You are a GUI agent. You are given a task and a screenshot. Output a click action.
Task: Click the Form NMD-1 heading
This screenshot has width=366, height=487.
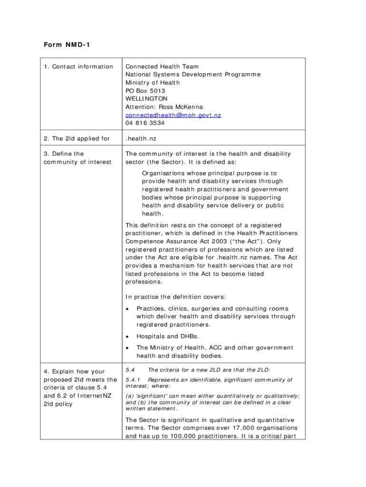click(x=67, y=45)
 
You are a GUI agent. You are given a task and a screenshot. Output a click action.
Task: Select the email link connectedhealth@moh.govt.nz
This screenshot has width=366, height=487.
click(x=173, y=115)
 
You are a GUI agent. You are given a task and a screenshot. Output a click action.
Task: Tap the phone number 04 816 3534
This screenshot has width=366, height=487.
click(x=145, y=123)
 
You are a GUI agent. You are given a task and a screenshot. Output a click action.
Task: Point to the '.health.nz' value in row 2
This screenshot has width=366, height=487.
click(x=141, y=139)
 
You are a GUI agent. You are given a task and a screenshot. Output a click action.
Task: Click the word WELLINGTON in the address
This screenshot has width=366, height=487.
click(x=146, y=99)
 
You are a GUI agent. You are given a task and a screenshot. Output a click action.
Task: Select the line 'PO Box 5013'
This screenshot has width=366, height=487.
click(x=145, y=91)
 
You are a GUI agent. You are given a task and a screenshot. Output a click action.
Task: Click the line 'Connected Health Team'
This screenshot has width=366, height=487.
click(x=162, y=67)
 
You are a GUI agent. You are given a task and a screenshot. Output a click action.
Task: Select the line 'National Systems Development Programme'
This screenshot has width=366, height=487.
click(x=193, y=75)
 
